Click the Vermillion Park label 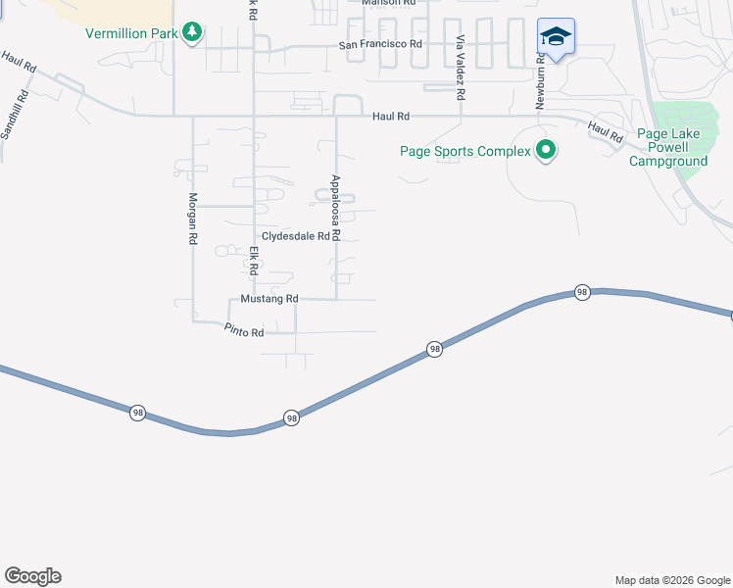tap(131, 33)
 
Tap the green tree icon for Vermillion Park tap(193, 33)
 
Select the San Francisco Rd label tap(380, 44)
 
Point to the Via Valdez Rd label tap(460, 69)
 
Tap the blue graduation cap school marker tap(556, 37)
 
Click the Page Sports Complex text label tap(464, 151)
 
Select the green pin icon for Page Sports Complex tap(547, 151)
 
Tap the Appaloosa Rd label tap(335, 208)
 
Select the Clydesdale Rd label tap(294, 236)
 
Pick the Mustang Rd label tap(269, 299)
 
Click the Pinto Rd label tap(244, 333)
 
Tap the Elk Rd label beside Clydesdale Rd tap(253, 260)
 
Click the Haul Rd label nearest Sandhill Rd tap(19, 64)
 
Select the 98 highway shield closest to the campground tap(582, 292)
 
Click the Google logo tap(32, 576)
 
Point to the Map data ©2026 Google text tap(672, 580)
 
